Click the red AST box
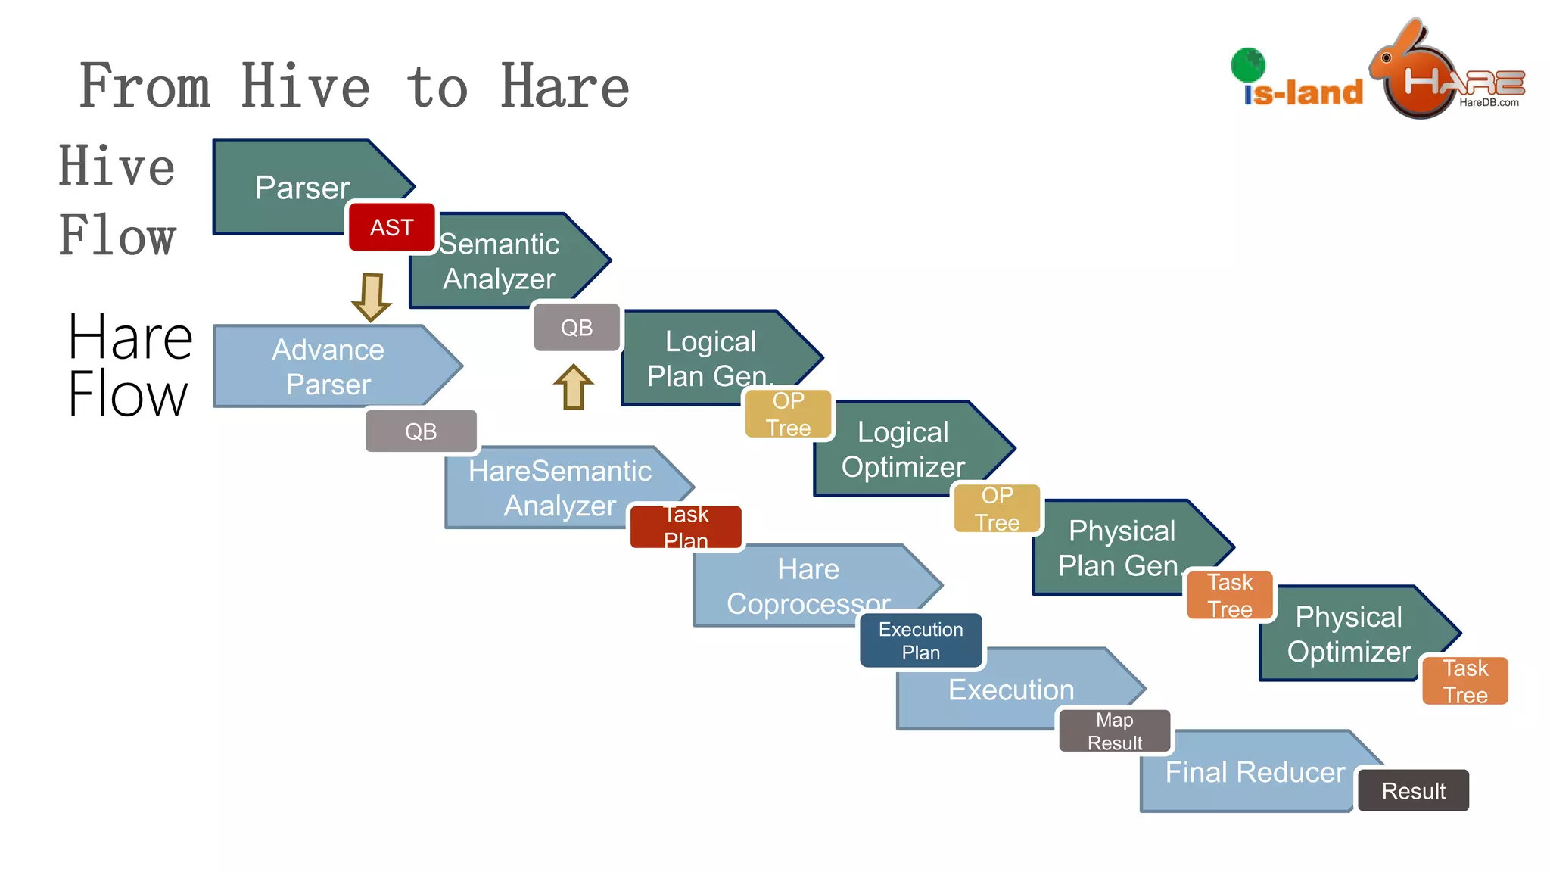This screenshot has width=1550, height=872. (391, 227)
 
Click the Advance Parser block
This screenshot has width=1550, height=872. (328, 366)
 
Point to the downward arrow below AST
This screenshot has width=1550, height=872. (372, 297)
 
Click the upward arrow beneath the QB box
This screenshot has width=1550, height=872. (573, 387)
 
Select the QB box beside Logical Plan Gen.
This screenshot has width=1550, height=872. (577, 328)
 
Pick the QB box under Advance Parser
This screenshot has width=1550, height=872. (421, 431)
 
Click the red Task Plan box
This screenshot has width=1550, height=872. (686, 527)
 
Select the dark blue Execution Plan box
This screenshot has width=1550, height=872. (921, 640)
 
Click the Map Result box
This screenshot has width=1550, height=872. (1115, 730)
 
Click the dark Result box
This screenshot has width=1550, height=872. (1413, 791)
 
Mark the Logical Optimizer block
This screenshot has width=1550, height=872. (903, 450)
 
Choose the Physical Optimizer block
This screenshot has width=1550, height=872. (1349, 634)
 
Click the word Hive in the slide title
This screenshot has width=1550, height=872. (306, 87)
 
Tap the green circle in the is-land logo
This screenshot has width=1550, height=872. (1248, 65)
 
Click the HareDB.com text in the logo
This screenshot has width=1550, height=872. (1489, 103)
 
